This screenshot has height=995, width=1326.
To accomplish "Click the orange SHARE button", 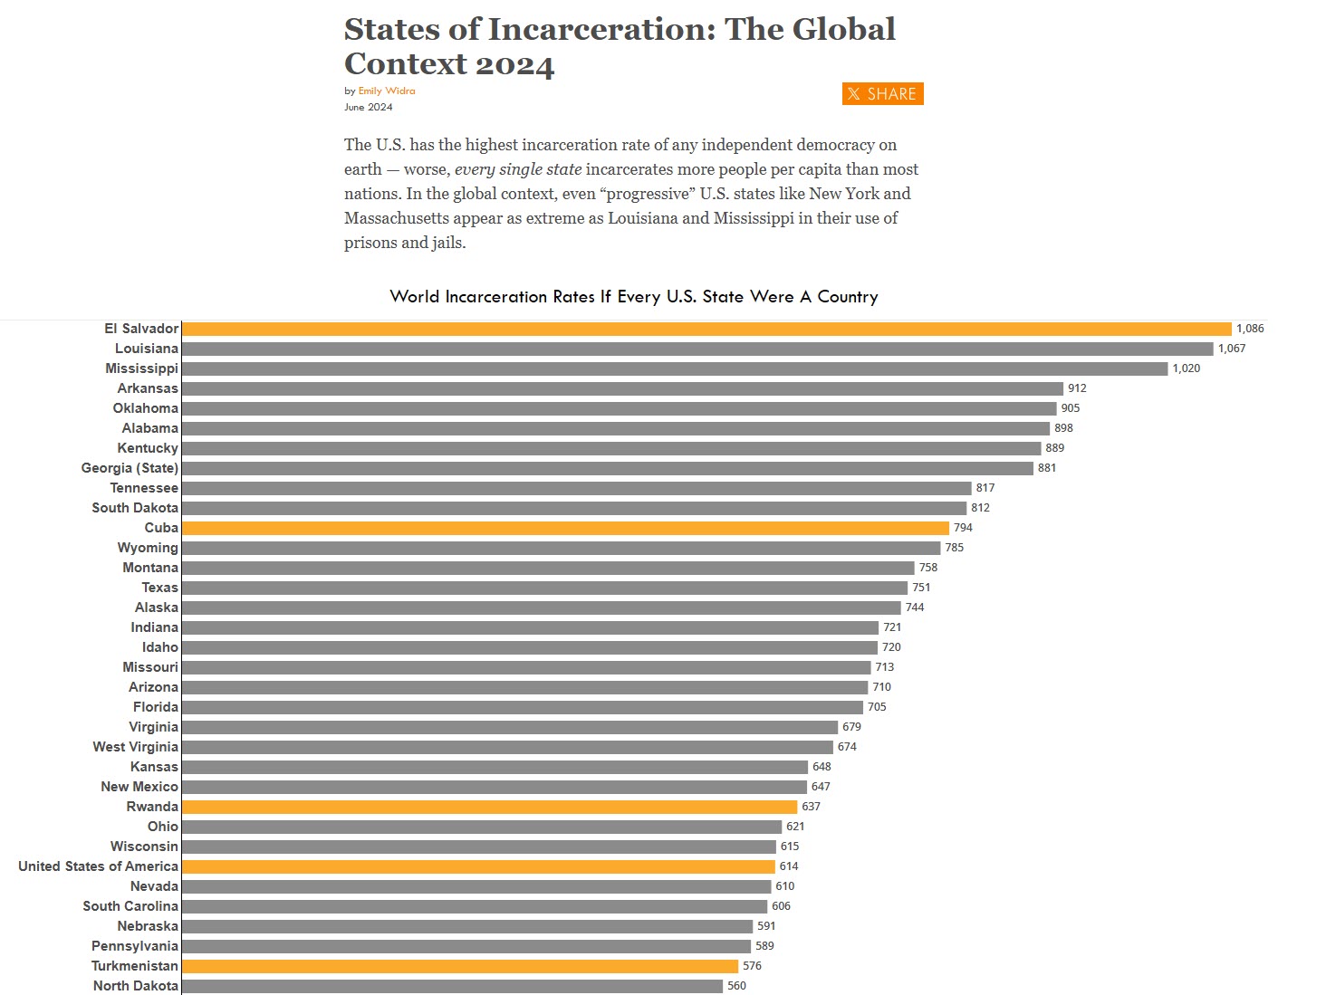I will tap(882, 94).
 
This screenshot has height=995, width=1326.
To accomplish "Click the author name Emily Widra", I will tap(387, 91).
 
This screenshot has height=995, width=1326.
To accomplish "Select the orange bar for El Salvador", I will tap(706, 329).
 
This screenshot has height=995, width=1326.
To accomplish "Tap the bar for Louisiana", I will tap(697, 349).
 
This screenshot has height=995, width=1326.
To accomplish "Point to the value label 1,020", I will tap(1187, 368).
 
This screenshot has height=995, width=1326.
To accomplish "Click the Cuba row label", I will tap(161, 528).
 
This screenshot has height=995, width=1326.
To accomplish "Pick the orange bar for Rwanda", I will tap(489, 807).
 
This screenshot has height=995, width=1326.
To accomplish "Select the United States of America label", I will tap(98, 866).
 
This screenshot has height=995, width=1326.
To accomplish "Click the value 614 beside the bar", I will tap(789, 866).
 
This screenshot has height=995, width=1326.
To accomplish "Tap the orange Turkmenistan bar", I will tap(460, 966).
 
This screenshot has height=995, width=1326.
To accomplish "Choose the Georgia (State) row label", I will tap(130, 468).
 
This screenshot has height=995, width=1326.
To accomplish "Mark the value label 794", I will tap(963, 528).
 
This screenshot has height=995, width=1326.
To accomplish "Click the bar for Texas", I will tap(544, 588).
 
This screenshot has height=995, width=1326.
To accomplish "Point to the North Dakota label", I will tap(136, 986).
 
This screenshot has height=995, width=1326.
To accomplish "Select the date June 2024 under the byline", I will tap(369, 107).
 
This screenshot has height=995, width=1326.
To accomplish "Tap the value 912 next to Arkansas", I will tap(1077, 388).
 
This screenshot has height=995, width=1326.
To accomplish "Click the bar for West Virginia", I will tap(507, 747).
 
